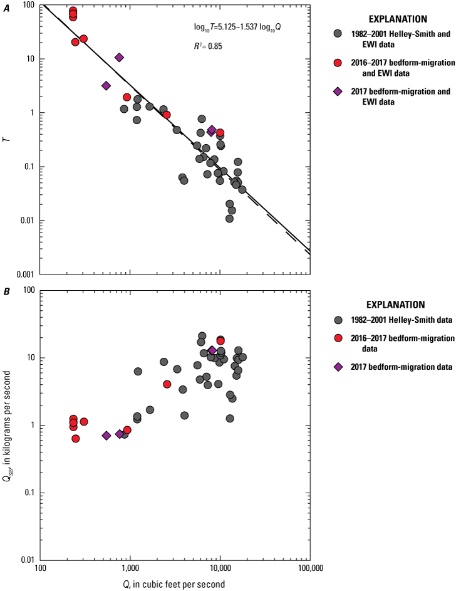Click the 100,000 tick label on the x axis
coord(309,570)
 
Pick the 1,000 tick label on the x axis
coord(130,570)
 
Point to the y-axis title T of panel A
coord(7,139)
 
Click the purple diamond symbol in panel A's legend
coord(338,92)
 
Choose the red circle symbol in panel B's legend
coord(338,338)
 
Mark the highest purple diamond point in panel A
coord(119,57)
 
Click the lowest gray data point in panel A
coord(230,219)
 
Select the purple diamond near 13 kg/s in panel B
coord(212,350)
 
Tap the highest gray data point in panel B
coord(202,336)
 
